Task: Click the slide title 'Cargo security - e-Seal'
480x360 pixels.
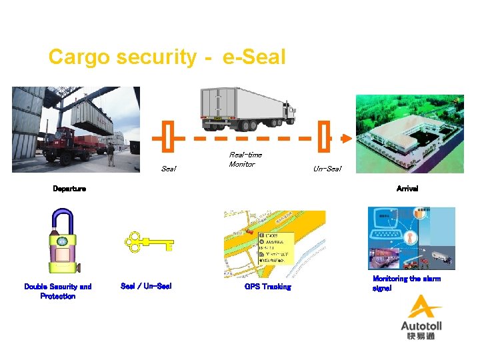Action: pyautogui.click(x=167, y=57)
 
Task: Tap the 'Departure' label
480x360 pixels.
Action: pyautogui.click(x=69, y=189)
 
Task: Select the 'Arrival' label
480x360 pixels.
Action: pyautogui.click(x=407, y=189)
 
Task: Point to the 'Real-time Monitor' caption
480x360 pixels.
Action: pyautogui.click(x=245, y=159)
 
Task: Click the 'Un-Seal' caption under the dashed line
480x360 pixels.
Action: pyautogui.click(x=327, y=169)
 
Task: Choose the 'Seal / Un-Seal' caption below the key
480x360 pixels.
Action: pyautogui.click(x=146, y=286)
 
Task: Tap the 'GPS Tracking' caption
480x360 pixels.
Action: pyautogui.click(x=267, y=287)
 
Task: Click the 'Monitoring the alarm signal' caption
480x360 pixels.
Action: pyautogui.click(x=406, y=283)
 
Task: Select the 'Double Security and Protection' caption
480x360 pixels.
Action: pyautogui.click(x=58, y=291)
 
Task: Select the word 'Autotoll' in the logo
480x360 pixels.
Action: pyautogui.click(x=421, y=326)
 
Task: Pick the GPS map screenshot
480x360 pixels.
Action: pyautogui.click(x=274, y=244)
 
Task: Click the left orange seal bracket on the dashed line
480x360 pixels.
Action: pyautogui.click(x=168, y=139)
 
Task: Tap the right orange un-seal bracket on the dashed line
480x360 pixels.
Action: pyautogui.click(x=325, y=139)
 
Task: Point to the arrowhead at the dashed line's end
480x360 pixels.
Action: pyautogui.click(x=345, y=139)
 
